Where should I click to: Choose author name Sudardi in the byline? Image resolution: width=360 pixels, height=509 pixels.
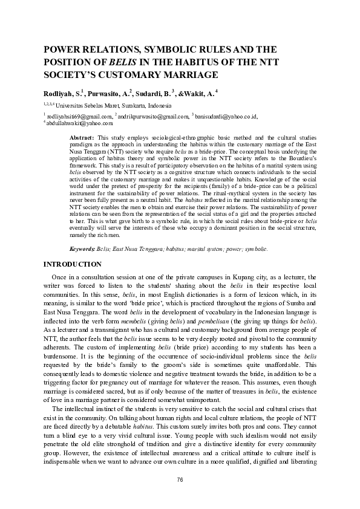click(149, 94)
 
